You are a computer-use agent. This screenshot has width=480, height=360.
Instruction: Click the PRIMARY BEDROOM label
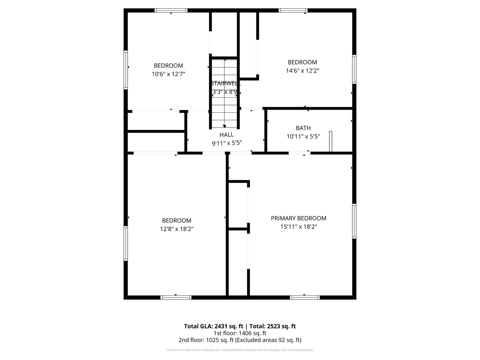click(298, 218)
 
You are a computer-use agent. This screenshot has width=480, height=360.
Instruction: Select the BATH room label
click(303, 128)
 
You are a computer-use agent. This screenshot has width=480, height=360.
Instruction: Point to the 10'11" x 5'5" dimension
click(303, 136)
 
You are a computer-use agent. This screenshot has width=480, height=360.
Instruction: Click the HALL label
click(226, 135)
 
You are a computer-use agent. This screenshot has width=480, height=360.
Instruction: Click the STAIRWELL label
click(225, 83)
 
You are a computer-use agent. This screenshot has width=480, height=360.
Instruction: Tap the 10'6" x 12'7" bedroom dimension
click(168, 74)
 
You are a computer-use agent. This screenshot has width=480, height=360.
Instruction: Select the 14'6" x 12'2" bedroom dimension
click(302, 71)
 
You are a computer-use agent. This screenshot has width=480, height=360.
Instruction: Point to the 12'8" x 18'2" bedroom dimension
click(177, 229)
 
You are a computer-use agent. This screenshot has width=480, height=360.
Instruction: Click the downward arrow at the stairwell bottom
click(225, 126)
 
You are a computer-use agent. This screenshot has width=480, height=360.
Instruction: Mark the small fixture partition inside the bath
click(331, 141)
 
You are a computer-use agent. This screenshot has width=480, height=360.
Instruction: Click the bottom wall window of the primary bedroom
click(305, 297)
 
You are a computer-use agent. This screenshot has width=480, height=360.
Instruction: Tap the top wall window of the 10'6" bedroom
click(171, 11)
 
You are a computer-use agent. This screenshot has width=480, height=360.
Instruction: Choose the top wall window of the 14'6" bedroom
click(293, 11)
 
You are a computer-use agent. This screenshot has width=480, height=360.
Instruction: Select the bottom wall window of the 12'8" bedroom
click(176, 297)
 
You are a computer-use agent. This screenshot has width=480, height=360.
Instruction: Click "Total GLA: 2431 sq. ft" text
click(214, 326)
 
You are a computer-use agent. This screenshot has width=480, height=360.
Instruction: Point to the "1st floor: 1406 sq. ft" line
click(240, 333)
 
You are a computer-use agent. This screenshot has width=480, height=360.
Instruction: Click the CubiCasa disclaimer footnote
click(240, 350)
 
